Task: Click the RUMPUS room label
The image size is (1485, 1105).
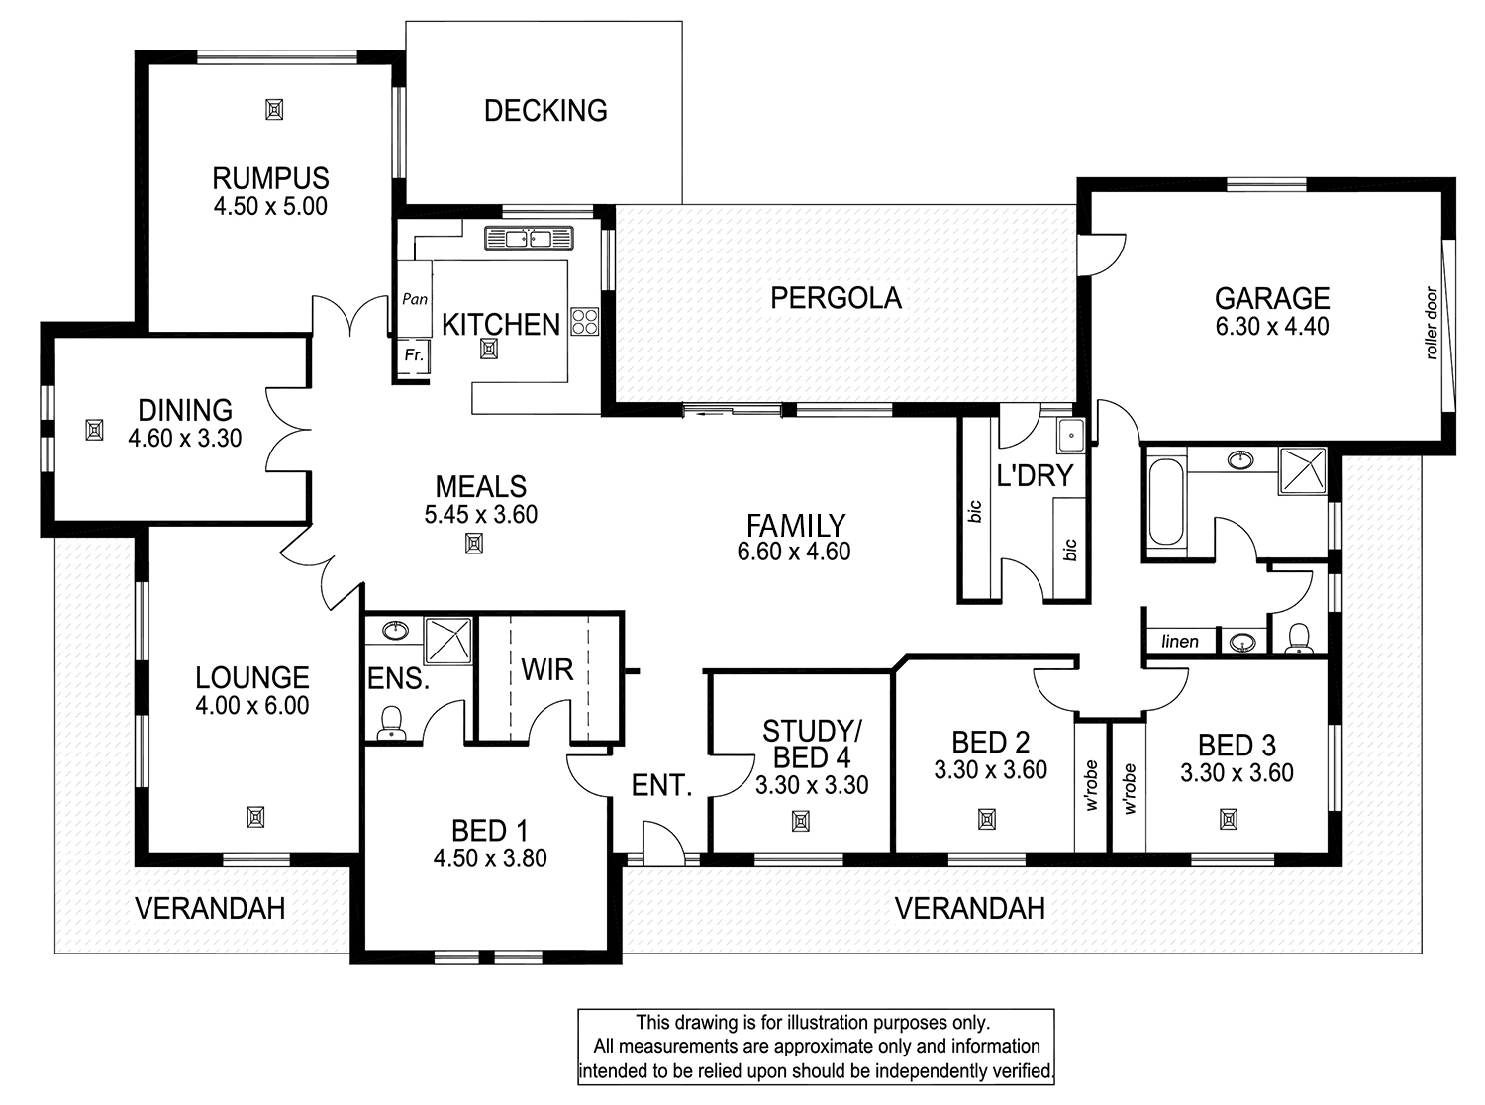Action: pos(270,179)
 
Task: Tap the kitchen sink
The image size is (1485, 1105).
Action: pos(529,238)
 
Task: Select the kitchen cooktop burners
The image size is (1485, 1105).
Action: pos(584,322)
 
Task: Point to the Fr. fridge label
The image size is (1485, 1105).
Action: pos(414,354)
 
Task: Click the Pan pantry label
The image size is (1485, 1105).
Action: pos(415,299)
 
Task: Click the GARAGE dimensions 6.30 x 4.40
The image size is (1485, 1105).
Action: pos(1272,327)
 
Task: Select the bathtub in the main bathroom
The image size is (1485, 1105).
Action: pos(1165,501)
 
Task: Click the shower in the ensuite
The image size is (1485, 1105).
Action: pos(447,641)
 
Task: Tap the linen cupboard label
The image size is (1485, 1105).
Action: pos(1180,641)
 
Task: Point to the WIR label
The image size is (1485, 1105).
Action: pos(547,669)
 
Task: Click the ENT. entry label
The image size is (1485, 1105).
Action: pos(661,785)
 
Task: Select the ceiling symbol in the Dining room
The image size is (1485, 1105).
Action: pos(94,430)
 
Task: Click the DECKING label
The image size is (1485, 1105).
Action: pos(545,111)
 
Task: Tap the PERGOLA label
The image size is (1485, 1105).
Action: pos(836,298)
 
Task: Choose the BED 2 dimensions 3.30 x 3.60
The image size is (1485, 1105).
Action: pos(990,770)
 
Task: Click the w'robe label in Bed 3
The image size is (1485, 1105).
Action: pos(1131,789)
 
